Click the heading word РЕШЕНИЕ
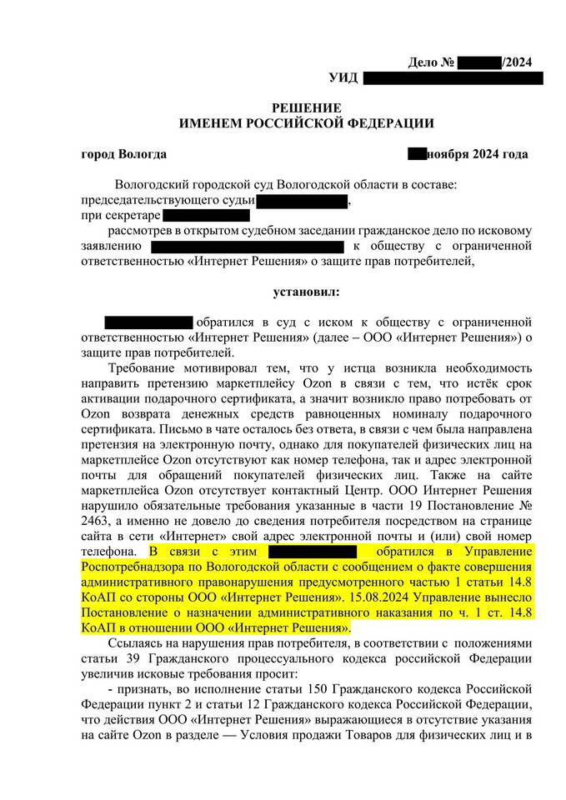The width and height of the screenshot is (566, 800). coord(307,108)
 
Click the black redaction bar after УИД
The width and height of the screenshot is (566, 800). coord(453,77)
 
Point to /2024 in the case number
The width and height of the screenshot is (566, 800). coord(516,62)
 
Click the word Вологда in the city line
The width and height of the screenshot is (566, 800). coord(143,154)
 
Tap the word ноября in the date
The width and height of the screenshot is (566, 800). coord(451,154)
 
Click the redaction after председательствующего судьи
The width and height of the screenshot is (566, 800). coord(302,201)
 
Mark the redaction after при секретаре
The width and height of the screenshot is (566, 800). coord(205,216)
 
